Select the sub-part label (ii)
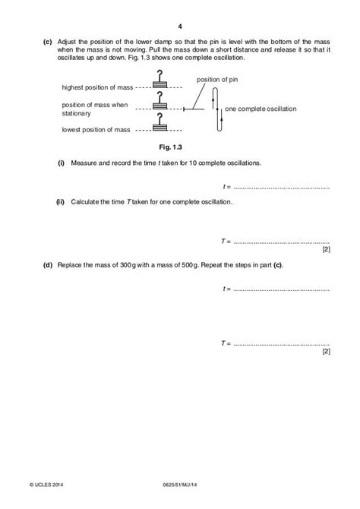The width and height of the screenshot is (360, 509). click(x=60, y=202)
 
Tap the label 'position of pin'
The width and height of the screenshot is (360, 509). click(x=215, y=79)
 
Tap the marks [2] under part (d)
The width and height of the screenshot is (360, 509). click(x=326, y=351)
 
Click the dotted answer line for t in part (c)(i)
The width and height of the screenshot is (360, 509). click(x=281, y=186)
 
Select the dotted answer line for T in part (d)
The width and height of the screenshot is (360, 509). click(x=281, y=343)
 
